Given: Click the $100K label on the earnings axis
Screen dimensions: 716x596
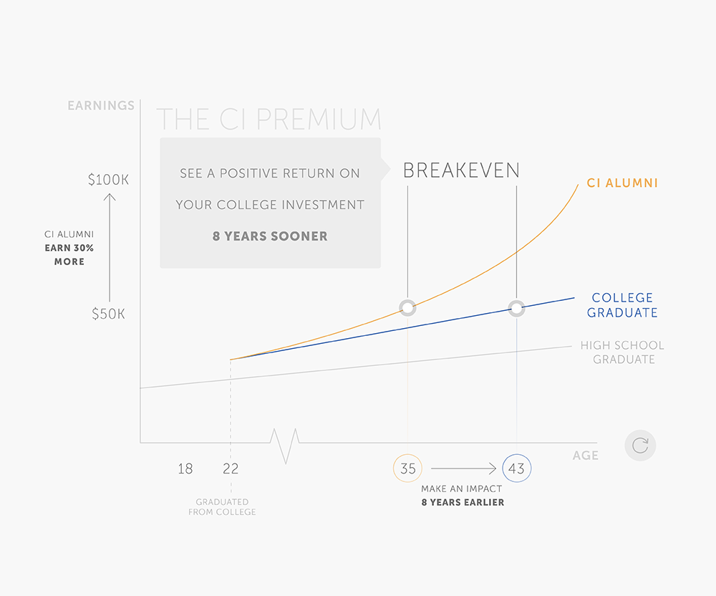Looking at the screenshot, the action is [108, 180].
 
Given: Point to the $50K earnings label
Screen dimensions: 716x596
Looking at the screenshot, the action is [108, 314].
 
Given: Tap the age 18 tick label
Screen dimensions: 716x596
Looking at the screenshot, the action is [185, 468].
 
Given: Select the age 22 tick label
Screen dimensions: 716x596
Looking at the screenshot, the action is [231, 468].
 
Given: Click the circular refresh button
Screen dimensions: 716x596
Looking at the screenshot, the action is [640, 446].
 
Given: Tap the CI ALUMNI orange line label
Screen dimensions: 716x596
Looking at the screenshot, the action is [622, 183].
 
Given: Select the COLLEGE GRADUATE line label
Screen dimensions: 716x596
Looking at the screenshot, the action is [622, 305].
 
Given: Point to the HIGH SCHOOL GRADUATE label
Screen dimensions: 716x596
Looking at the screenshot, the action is [622, 352].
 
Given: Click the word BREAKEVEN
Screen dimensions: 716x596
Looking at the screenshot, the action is [461, 170].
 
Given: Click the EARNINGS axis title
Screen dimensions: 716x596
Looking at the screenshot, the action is [101, 105].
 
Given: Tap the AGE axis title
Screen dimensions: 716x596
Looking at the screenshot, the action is [586, 456].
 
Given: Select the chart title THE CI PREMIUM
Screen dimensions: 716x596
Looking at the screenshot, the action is [268, 119].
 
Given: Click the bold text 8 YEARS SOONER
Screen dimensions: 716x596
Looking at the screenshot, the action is [270, 236].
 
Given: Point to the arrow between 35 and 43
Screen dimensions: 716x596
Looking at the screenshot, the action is [463, 468].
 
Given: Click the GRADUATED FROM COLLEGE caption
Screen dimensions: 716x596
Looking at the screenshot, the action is [222, 507].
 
